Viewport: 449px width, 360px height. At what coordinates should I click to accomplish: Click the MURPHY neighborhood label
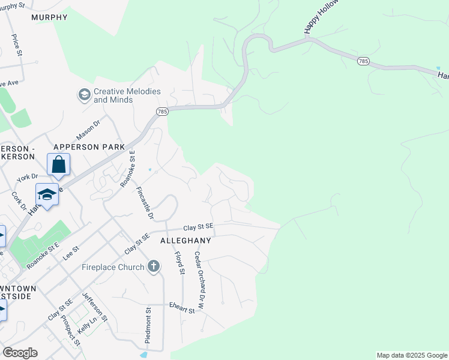click(x=50, y=17)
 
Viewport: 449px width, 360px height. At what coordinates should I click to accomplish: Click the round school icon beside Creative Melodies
click(x=84, y=95)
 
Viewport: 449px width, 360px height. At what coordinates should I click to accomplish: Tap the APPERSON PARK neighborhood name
click(x=89, y=147)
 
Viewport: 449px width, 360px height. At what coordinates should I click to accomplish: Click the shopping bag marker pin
click(x=59, y=164)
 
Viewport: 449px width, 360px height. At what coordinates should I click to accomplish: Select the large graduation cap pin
click(x=47, y=194)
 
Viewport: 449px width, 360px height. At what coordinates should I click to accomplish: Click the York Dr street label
click(x=27, y=178)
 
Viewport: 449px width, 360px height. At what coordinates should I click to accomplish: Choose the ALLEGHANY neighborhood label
click(x=185, y=241)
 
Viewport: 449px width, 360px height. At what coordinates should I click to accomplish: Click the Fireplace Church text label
click(x=113, y=266)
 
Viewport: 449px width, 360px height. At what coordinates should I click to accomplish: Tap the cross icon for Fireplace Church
click(x=154, y=266)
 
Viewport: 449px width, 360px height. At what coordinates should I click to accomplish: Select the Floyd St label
click(x=179, y=263)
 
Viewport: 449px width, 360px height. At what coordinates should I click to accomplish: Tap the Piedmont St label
click(x=148, y=325)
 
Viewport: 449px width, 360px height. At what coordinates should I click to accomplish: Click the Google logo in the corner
click(x=20, y=353)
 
